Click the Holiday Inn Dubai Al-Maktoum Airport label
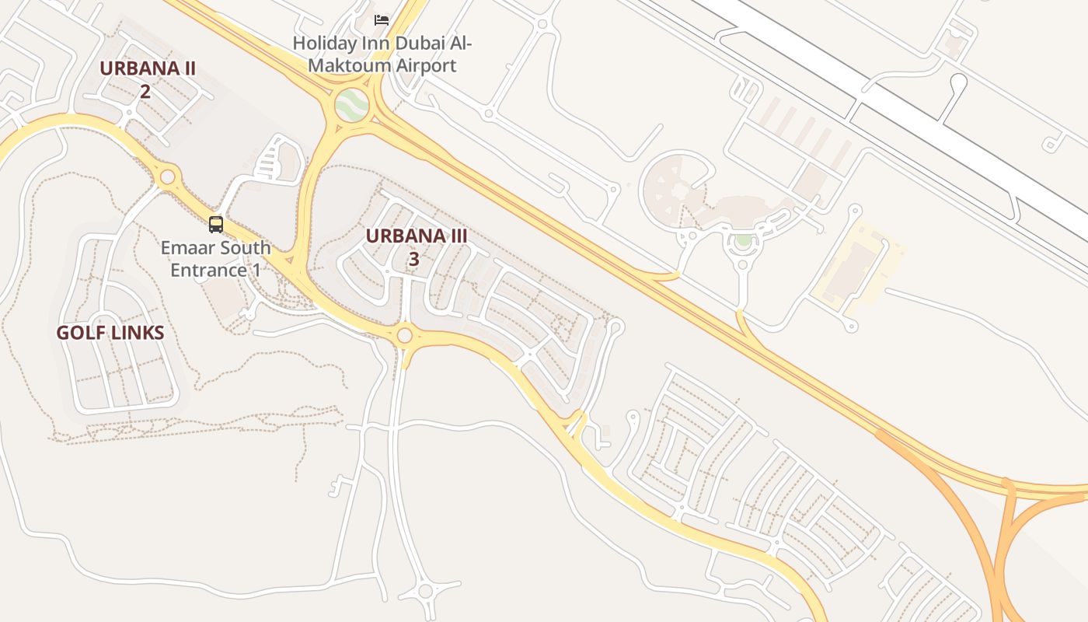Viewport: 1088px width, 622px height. coord(382,54)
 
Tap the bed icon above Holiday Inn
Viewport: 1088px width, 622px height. coord(382,19)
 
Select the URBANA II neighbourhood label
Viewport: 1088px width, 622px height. coord(147,68)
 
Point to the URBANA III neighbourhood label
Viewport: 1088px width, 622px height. coord(417,236)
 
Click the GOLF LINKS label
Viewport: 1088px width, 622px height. coord(110,334)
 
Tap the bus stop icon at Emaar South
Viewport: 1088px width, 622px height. coord(216,225)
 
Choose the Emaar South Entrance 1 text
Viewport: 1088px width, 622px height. coord(216,259)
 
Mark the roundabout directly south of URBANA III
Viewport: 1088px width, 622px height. coord(404,336)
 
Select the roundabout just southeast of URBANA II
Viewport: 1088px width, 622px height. coord(167,177)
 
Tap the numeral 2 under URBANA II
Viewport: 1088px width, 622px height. coord(145,92)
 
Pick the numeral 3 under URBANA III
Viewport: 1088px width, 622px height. coord(414,260)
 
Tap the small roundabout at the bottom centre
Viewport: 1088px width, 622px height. coord(425,591)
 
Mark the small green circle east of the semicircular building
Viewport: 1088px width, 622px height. coord(744,240)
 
